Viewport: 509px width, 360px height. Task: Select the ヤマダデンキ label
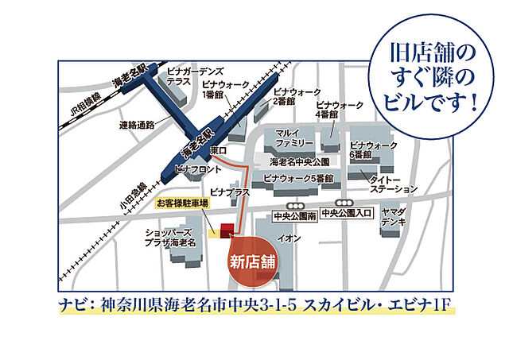click(393, 219)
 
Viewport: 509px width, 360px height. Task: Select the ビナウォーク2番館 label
click(295, 96)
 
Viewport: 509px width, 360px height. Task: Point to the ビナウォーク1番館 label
click(224, 89)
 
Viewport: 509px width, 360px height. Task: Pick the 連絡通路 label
click(138, 125)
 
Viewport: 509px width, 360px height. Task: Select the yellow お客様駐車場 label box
click(183, 203)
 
